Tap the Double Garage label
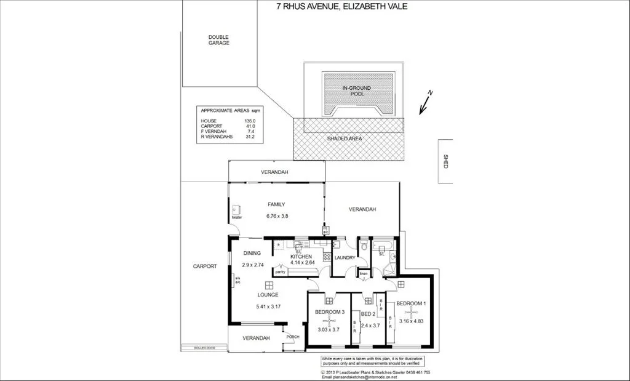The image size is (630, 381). (x=218, y=40)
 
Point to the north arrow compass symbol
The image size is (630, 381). (x=425, y=102)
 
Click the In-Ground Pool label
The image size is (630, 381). (x=357, y=92)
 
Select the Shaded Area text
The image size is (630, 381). (x=344, y=139)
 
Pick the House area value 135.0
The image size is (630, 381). (x=250, y=121)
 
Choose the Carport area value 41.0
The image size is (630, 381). (x=250, y=126)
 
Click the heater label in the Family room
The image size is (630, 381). (x=237, y=217)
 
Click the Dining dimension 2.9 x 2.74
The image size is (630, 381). (x=252, y=265)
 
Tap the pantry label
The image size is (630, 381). (x=280, y=271)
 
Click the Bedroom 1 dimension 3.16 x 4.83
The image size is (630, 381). (x=410, y=321)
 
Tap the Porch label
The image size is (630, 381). (x=293, y=337)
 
